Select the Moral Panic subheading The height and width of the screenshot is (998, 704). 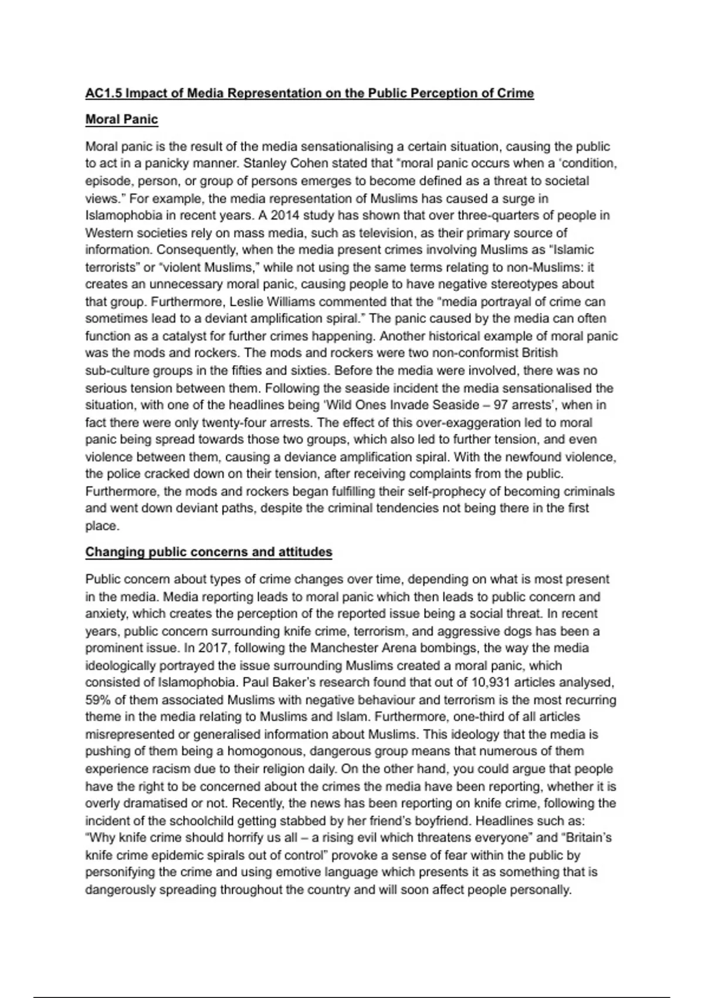(121, 119)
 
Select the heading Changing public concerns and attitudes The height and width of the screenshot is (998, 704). (208, 552)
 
